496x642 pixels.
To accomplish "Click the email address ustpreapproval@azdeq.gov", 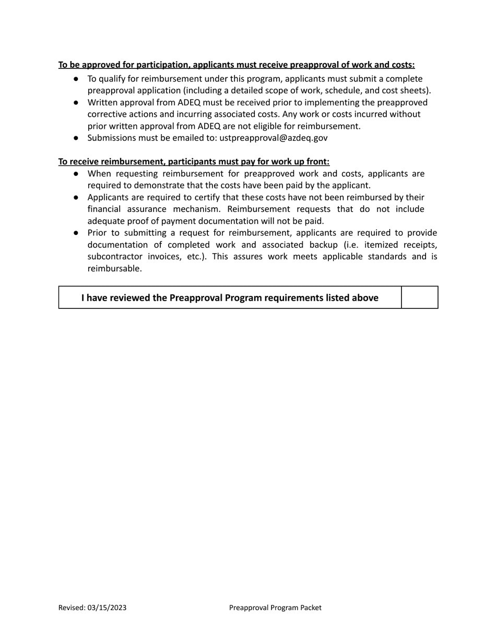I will [x=273, y=138].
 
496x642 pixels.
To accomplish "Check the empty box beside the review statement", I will [x=419, y=298].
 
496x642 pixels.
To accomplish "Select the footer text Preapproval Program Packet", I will [x=275, y=608].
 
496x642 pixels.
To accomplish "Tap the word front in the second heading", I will [x=317, y=162].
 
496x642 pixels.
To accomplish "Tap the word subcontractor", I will [x=115, y=256].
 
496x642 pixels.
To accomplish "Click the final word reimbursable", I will [x=114, y=268].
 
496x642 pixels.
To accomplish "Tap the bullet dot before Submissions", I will [x=76, y=138].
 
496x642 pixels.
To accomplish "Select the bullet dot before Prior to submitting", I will [x=76, y=233].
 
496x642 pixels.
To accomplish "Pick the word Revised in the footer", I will [x=72, y=608].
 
